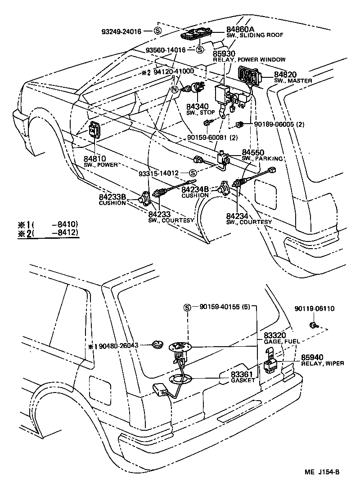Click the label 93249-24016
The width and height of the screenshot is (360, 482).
point(121,31)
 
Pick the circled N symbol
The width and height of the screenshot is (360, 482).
point(175,89)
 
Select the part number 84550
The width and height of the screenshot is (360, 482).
point(253,153)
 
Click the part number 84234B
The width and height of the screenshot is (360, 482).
point(195,190)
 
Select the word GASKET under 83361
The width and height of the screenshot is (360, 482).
point(243,380)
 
